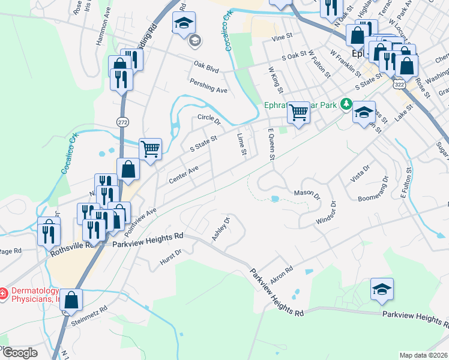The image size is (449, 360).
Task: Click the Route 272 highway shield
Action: (122, 122)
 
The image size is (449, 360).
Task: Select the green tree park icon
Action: (346, 104)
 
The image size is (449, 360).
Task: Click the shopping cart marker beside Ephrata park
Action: (298, 112)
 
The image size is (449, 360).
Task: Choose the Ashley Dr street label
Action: (221, 230)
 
